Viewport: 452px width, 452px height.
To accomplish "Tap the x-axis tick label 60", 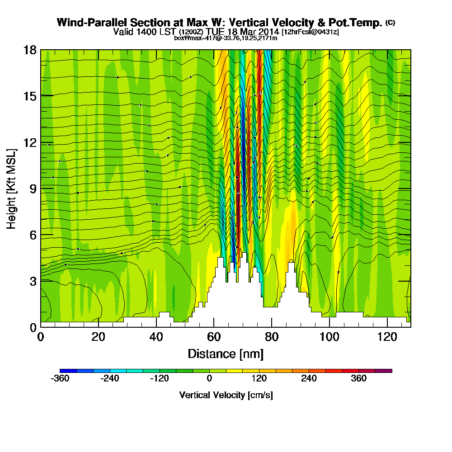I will [214, 337].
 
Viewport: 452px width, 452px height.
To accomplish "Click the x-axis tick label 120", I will [387, 337].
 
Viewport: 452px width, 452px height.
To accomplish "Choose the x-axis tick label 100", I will [330, 337].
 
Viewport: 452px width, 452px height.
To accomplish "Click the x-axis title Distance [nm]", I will [226, 353].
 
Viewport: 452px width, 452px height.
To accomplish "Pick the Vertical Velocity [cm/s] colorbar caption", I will [226, 395].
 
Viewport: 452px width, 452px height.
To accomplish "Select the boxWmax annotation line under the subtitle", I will [226, 38].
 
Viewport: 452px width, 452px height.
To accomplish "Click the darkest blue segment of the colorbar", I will [68, 371].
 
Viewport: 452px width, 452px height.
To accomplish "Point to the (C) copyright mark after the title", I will [390, 23].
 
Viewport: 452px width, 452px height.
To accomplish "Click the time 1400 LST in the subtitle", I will [155, 32].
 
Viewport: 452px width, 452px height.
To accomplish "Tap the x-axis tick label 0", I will [40, 337].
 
